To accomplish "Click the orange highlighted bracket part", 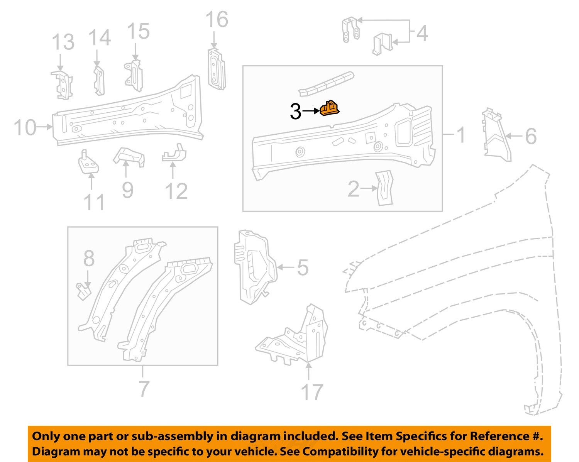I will pos(329,108).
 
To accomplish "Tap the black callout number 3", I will pos(295,112).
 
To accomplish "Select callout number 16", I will pos(217,20).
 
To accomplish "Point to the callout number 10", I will pos(25,127).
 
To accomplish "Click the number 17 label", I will pos(312,392).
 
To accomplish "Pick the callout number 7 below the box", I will pos(144,389).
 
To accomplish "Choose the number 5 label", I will pos(303,267).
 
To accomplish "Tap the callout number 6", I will pos(531,136).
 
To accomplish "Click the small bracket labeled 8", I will pos(83,291).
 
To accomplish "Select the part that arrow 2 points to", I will pos(384,188).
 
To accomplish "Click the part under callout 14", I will pos(99,81).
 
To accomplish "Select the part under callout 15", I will pos(134,75).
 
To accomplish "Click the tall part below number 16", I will pos(216,69).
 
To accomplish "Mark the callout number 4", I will pos(422,33).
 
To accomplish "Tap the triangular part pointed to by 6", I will pos(496,135).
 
